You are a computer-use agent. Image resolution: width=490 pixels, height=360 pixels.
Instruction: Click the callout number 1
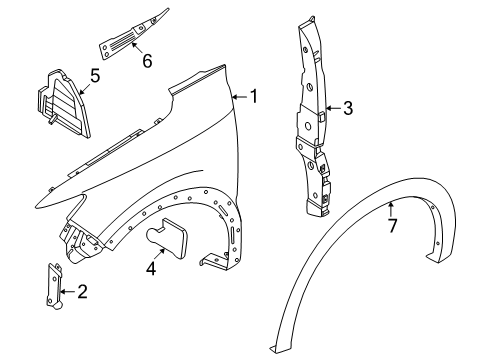tap(254, 97)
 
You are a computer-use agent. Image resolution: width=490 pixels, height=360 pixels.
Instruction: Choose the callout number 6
tap(146, 61)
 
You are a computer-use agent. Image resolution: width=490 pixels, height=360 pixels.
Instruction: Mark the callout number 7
tap(393, 226)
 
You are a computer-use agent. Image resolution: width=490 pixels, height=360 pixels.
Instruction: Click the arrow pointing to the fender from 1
tap(238, 97)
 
